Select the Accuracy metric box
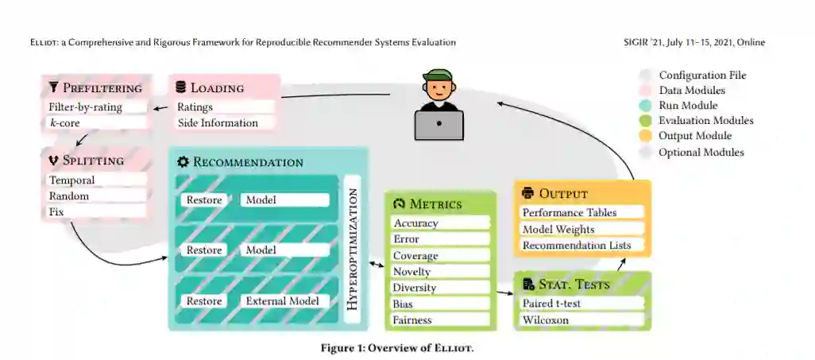[439, 223]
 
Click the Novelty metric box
[439, 272]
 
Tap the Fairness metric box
[439, 320]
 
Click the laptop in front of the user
[438, 126]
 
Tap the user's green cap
[438, 78]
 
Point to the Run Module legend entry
[688, 106]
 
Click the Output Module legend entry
[695, 136]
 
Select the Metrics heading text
[435, 204]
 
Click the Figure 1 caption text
[397, 348]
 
